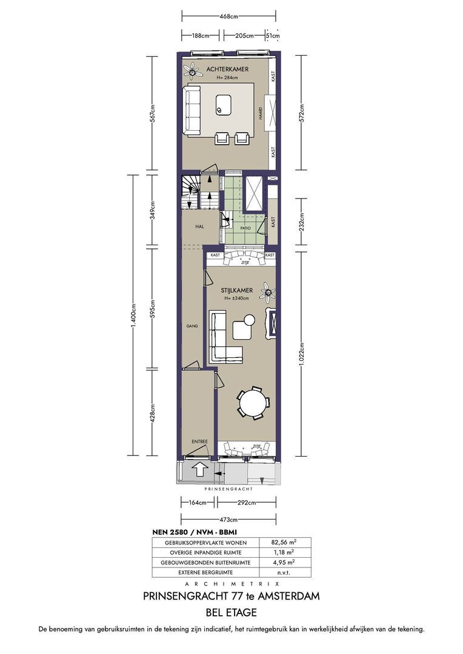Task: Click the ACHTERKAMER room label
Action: (x=227, y=69)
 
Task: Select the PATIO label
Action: (x=245, y=228)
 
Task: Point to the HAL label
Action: (x=199, y=226)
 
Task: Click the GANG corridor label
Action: (x=193, y=326)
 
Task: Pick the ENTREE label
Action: (x=199, y=441)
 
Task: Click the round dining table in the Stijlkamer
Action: (x=253, y=403)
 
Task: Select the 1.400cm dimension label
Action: (x=133, y=315)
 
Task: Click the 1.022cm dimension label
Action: (x=301, y=354)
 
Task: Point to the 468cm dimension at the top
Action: (x=228, y=17)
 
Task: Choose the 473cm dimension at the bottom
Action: (x=228, y=520)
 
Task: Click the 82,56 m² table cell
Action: (x=284, y=543)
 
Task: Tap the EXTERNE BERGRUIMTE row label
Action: (x=205, y=573)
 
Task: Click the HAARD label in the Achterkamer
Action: (x=260, y=114)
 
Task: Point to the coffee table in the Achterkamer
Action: (x=224, y=105)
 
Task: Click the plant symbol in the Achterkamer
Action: (x=192, y=71)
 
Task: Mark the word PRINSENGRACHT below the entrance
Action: (x=228, y=489)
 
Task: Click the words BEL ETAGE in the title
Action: (x=232, y=612)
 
